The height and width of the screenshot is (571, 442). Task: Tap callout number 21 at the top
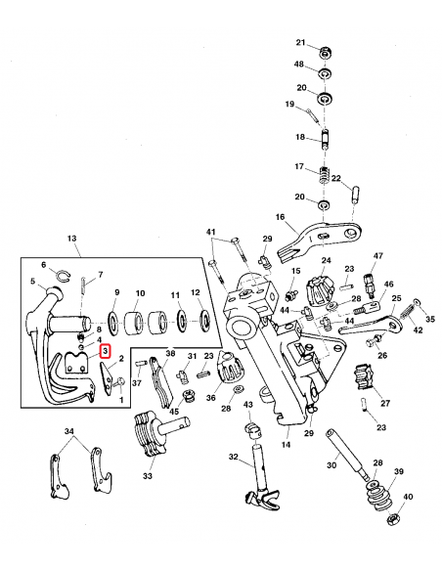[x=301, y=42]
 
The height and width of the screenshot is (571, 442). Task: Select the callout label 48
[x=301, y=65]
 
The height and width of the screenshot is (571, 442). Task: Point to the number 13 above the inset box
[x=71, y=239]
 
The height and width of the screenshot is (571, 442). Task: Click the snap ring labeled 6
[x=61, y=278]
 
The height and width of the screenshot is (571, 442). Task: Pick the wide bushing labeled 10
[x=141, y=320]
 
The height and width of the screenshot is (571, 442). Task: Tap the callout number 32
[x=234, y=457]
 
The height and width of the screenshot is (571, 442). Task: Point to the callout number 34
[x=67, y=430]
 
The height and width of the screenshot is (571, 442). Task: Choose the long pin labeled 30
[x=345, y=445]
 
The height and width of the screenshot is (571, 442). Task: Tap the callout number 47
[x=377, y=256]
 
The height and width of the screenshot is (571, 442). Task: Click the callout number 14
[x=287, y=444]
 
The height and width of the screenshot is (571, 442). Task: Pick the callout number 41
[x=210, y=232]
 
